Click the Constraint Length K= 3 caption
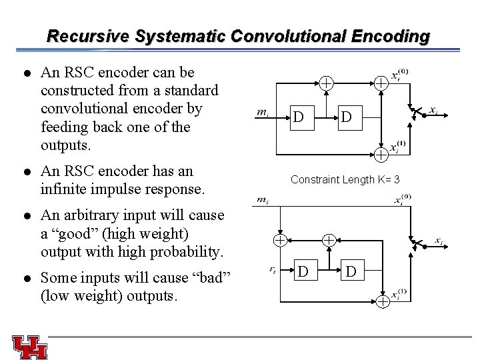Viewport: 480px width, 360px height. [345, 179]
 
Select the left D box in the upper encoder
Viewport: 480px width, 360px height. [300, 117]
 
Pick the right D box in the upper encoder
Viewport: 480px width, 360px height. [346, 117]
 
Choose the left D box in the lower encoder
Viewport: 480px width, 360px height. [303, 271]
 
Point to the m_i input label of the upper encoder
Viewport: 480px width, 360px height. [263, 112]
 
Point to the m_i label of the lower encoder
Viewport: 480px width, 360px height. [263, 199]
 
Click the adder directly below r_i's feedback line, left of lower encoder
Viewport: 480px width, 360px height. [281, 239]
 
